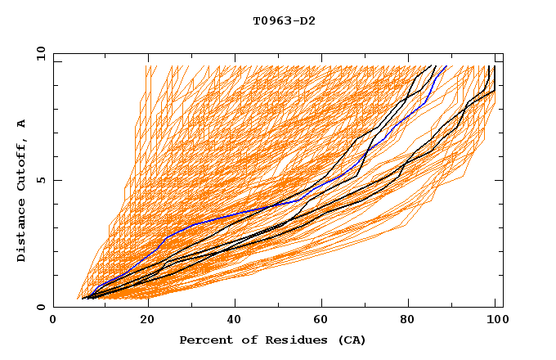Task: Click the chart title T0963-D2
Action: coord(284,20)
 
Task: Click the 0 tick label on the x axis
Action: coord(54,320)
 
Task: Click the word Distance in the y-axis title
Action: coord(21,233)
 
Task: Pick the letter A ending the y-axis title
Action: coord(21,123)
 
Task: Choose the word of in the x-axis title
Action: coord(241,340)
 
